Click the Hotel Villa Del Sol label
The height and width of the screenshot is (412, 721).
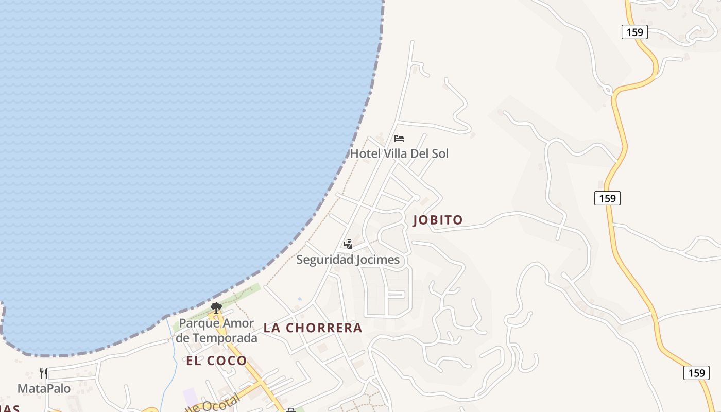(399, 153)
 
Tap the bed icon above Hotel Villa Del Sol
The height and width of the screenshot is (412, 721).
(399, 138)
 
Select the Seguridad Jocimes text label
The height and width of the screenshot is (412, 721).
(348, 260)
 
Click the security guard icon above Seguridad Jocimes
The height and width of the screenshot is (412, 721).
(348, 244)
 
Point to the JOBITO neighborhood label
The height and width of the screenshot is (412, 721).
(438, 220)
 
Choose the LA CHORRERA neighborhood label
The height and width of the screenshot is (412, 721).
(313, 328)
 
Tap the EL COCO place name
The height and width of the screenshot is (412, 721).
(216, 360)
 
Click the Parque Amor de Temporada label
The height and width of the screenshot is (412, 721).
(216, 331)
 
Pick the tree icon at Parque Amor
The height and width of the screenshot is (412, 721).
(216, 308)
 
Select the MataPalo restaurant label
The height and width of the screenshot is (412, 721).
(44, 388)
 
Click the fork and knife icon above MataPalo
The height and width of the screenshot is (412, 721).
(44, 373)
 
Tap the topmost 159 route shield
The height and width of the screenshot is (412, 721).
(634, 32)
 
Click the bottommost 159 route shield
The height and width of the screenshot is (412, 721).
(696, 373)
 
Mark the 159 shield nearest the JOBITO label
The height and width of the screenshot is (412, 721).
(607, 198)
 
